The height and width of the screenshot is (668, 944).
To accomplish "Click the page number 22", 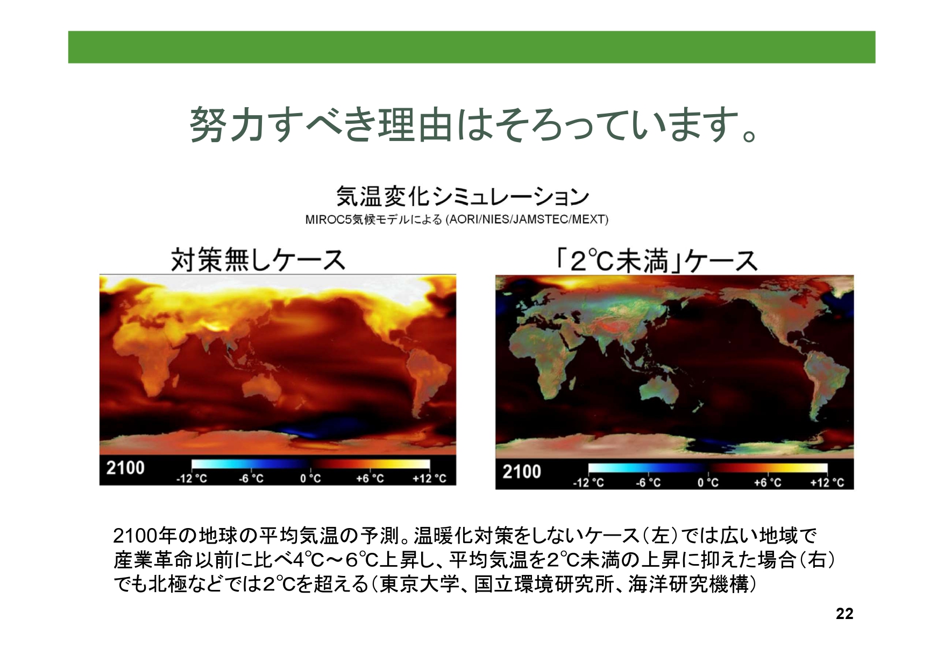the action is click(x=844, y=614).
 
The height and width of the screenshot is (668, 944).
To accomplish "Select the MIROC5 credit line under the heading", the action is click(x=457, y=220).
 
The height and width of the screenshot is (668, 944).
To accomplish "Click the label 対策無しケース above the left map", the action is click(x=258, y=260).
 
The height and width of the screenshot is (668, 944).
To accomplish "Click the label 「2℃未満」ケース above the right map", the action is click(x=656, y=261).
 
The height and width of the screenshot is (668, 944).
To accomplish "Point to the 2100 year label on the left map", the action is click(x=125, y=468).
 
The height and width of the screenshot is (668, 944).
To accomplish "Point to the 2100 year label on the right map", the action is click(x=522, y=472).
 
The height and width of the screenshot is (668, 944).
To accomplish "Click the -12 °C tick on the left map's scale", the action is click(x=191, y=479).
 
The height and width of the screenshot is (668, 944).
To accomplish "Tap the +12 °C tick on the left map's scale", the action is click(x=429, y=479).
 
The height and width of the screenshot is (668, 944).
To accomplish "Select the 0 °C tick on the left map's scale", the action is click(x=310, y=479).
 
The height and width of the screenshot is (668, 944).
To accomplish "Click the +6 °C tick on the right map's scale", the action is click(x=768, y=482).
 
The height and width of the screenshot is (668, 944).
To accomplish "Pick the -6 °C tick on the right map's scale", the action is click(x=648, y=482).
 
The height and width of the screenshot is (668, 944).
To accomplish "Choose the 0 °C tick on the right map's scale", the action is click(x=708, y=482).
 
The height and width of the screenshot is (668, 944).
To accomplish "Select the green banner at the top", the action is click(x=472, y=47).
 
